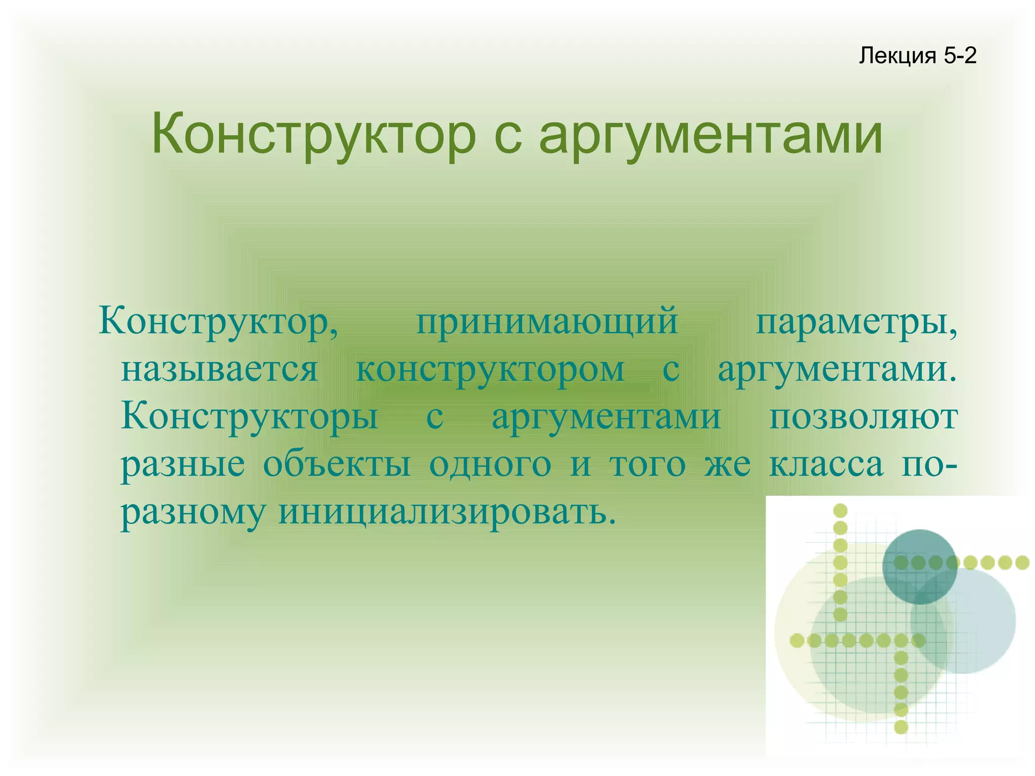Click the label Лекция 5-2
tap(917, 56)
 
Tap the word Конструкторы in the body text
tap(249, 417)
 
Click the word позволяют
tap(863, 417)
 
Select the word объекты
tap(337, 464)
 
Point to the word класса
tap(826, 464)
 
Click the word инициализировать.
tap(447, 512)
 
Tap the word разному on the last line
tap(193, 512)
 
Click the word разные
tap(183, 464)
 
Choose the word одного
tap(490, 464)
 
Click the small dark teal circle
tap(919, 566)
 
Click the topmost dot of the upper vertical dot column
tap(840, 511)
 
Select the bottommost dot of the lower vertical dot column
tap(901, 727)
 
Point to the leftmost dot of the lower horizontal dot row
tap(797, 641)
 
